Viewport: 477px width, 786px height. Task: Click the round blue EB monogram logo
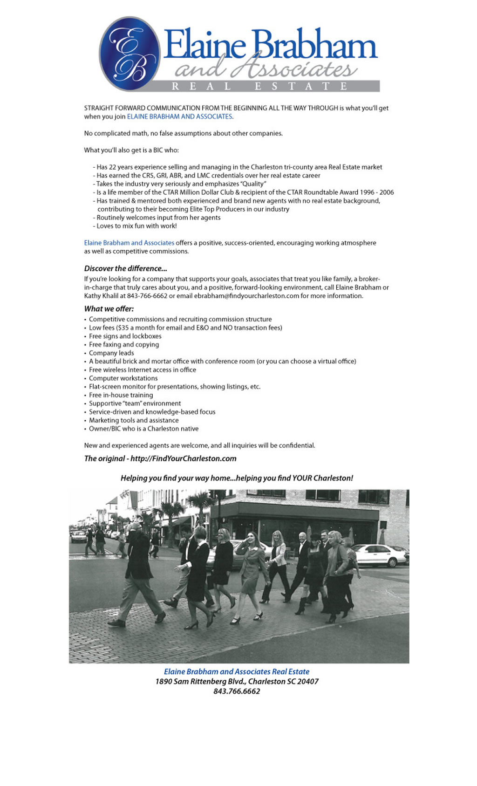pos(129,54)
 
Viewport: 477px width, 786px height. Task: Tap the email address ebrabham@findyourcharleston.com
pos(246,296)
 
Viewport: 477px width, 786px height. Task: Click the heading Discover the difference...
pos(125,268)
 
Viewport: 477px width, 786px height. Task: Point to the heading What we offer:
pos(109,308)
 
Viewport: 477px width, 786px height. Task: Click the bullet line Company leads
pos(111,353)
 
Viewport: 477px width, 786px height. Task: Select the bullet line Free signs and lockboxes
pos(125,336)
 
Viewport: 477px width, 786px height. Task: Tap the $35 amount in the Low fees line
pos(124,328)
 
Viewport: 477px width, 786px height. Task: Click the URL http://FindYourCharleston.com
pos(183,458)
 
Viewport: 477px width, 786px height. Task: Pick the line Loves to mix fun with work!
pos(136,226)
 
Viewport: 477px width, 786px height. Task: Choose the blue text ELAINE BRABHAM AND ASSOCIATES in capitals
pos(179,116)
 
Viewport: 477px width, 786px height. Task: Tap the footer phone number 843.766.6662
pos(237,691)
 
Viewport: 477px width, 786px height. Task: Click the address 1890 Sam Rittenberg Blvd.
pos(200,681)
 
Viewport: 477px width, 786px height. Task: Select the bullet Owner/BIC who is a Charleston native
pos(143,429)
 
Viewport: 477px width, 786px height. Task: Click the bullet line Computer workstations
pos(123,378)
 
